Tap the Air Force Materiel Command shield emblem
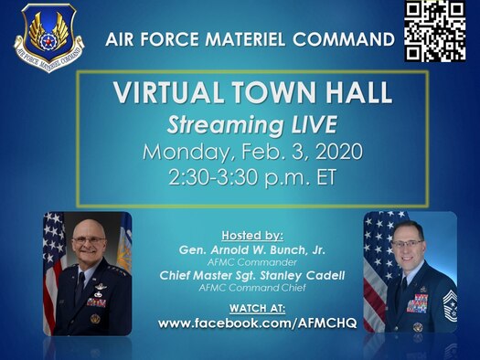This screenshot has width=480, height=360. (48, 38)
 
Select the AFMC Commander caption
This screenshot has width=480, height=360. (248, 262)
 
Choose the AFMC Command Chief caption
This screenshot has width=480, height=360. (248, 289)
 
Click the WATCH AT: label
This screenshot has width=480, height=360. (248, 308)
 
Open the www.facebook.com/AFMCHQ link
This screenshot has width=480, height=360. (248, 323)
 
